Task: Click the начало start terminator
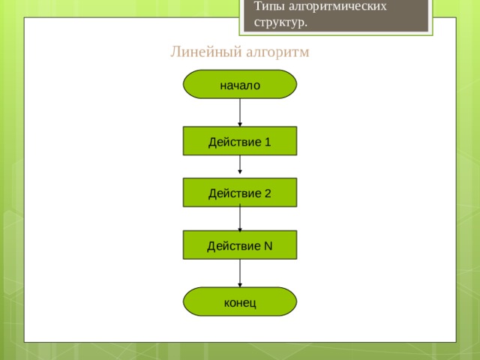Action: pos(240,84)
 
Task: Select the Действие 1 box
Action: pos(240,141)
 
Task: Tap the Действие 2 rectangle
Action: pos(240,192)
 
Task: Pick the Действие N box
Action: pos(240,244)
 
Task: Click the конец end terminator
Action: pos(240,301)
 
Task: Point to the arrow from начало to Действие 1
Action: pos(240,112)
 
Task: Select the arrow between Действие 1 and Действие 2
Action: pos(240,165)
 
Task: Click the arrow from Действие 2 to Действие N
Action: pos(240,218)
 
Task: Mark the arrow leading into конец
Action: pos(240,273)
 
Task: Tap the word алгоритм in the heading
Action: pos(277,52)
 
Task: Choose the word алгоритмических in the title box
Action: pos(337,6)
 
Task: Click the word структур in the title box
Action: pos(279,22)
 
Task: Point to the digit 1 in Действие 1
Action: pos(268,142)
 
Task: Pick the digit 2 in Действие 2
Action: pos(268,193)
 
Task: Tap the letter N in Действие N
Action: pos(268,246)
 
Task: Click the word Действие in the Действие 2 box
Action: pos(235,194)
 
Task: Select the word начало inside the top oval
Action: pos(240,85)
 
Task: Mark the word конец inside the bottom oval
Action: pos(240,303)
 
